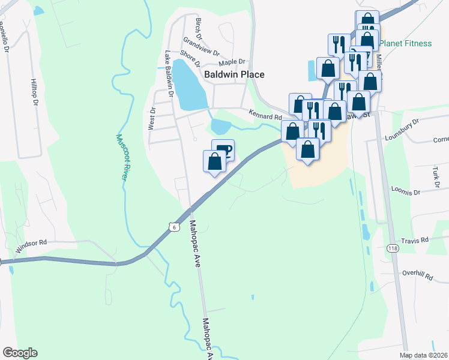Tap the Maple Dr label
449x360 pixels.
pyautogui.click(x=232, y=62)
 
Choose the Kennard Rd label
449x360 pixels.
pyautogui.click(x=265, y=116)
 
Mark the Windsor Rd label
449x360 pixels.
pyautogui.click(x=32, y=245)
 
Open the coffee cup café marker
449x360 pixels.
pyautogui.click(x=223, y=149)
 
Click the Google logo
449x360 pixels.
pyautogui.click(x=20, y=353)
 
